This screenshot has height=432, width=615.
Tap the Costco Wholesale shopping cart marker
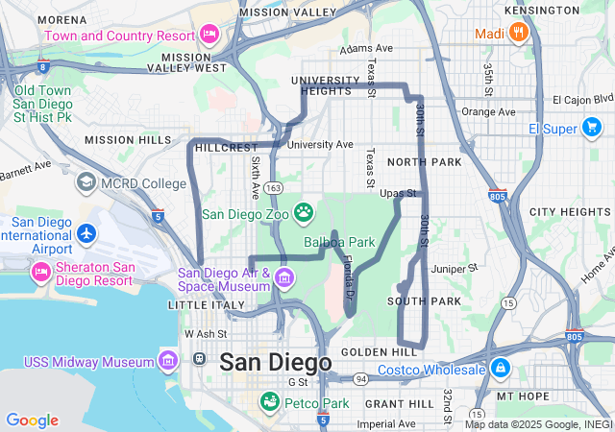coord(500,369)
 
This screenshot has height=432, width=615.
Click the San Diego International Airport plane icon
coord(86,233)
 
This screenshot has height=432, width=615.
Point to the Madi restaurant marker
coord(519,34)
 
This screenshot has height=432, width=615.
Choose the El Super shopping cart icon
coord(593,128)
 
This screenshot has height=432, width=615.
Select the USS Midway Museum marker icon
coord(168,361)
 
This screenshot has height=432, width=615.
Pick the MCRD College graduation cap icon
coord(86,182)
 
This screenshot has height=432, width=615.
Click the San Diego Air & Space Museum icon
coord(283,279)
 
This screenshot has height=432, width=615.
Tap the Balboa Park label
coord(339,242)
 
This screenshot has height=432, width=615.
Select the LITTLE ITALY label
coord(201,304)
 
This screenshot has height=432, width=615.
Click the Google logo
coord(32,420)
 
